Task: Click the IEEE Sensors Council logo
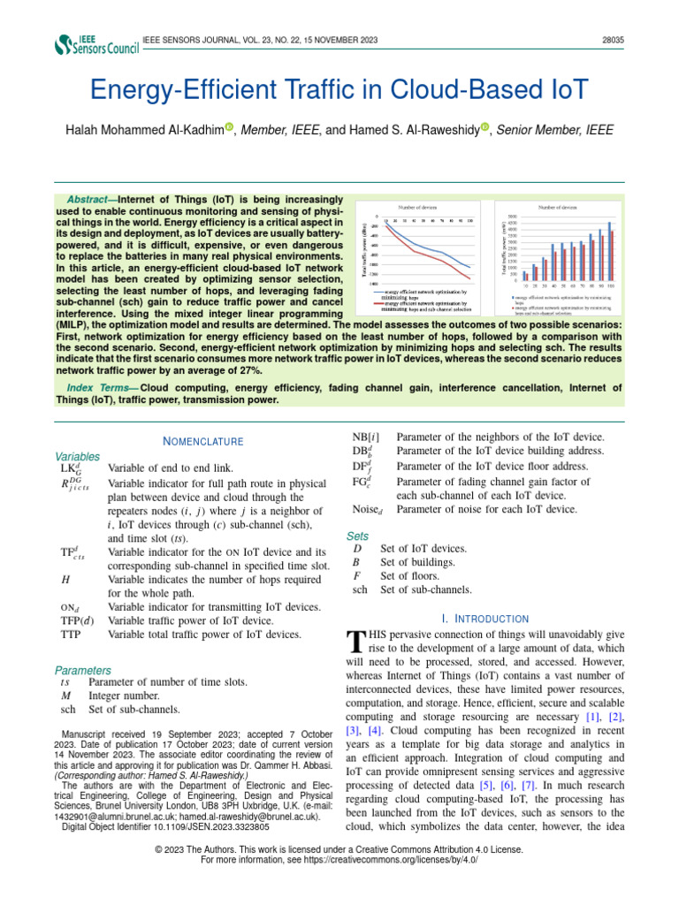pyautogui.click(x=96, y=45)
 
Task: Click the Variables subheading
pyautogui.click(x=77, y=457)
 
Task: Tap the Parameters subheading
pyautogui.click(x=83, y=671)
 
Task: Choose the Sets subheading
pyautogui.click(x=357, y=536)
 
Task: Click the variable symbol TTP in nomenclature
pyautogui.click(x=71, y=635)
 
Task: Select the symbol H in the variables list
pyautogui.click(x=65, y=579)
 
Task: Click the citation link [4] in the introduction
pyautogui.click(x=375, y=731)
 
